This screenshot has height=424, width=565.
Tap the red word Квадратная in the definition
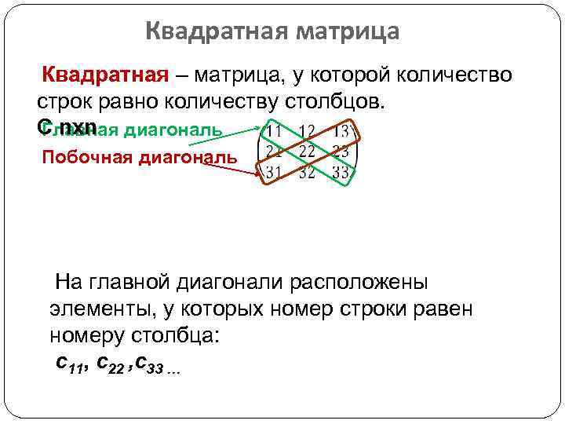pos(106,75)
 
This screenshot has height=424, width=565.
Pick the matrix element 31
pos(275,170)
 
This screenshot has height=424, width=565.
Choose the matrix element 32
pos(308,171)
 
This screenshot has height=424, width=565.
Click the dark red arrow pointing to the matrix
pos(249,166)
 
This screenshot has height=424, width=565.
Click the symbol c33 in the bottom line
pos(148,364)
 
